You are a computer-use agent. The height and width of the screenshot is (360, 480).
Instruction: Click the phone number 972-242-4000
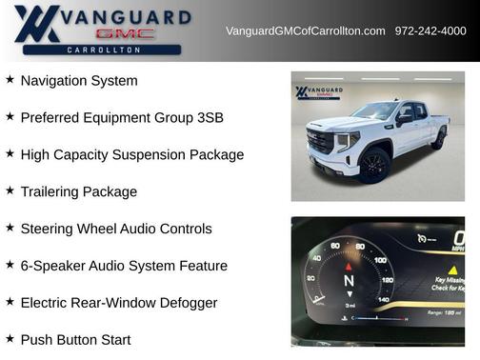click(430, 31)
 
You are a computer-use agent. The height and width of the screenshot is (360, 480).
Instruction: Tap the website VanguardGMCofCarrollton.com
click(305, 31)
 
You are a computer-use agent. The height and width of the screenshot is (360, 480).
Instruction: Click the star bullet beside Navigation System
click(10, 80)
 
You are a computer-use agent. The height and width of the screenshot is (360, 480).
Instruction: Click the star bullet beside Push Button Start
click(10, 338)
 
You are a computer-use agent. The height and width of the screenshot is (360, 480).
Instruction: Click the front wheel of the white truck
click(374, 165)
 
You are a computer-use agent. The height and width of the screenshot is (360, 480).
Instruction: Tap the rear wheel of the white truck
click(439, 139)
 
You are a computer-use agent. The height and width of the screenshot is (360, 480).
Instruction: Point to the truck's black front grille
click(320, 142)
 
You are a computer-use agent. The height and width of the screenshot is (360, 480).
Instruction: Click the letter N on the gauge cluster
click(349, 282)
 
